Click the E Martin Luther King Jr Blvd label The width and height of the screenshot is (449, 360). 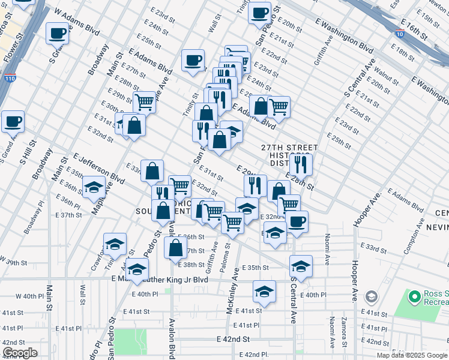pos(160,279)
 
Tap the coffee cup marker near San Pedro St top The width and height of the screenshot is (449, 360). pos(259,13)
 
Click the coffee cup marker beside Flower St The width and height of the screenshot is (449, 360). pos(57,34)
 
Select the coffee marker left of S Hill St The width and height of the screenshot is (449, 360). pos(13,122)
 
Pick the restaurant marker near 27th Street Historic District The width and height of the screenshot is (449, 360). pos(300,164)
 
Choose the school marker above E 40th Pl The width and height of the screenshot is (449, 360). pos(264,292)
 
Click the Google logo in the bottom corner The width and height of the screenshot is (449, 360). pos(20,353)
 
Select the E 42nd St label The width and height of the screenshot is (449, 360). pos(233,339)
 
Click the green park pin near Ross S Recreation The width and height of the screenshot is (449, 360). pos(414,296)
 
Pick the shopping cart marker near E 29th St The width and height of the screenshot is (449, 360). pos(144,103)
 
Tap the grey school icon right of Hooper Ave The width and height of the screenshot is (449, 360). pos(372,296)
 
